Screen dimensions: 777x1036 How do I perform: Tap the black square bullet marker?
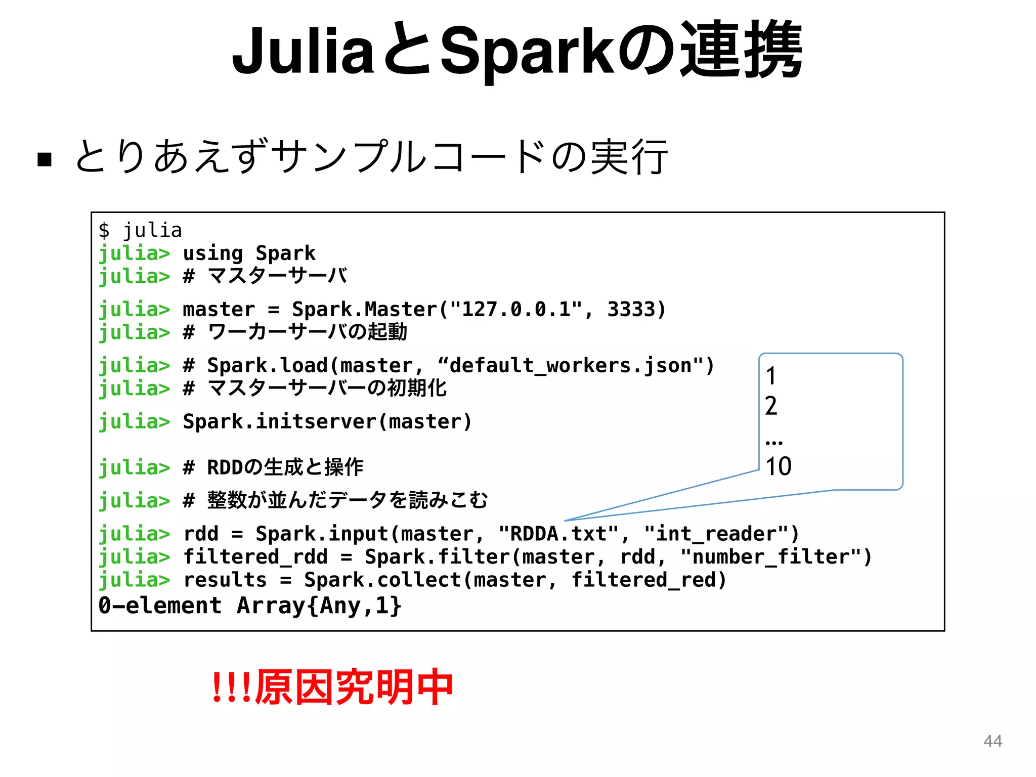[45, 159]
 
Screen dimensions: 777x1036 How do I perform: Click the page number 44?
[992, 741]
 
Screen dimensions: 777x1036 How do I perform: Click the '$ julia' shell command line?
[140, 230]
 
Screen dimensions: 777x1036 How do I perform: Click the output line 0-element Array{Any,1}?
[250, 606]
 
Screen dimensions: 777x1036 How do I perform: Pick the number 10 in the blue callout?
[778, 466]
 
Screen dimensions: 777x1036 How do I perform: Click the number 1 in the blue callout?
[770, 376]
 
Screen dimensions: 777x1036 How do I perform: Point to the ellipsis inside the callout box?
[773, 442]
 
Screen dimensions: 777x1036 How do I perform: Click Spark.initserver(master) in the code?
[327, 421]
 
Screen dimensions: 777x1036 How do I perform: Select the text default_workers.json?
[570, 365]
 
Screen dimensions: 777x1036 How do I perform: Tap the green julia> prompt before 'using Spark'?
[134, 253]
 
